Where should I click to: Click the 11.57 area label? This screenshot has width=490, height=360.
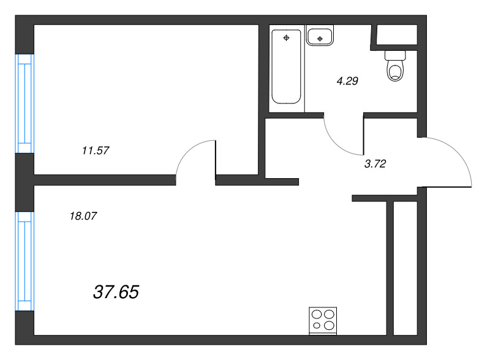click(96, 151)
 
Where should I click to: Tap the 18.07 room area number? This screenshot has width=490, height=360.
click(83, 216)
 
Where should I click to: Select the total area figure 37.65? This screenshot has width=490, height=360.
click(116, 292)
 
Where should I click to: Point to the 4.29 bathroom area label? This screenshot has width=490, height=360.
click(347, 81)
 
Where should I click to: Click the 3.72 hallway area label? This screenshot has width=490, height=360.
click(375, 163)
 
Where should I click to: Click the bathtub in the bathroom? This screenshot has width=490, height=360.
click(286, 66)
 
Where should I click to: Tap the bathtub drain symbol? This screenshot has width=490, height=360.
click(286, 38)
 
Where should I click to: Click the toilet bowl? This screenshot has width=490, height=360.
click(395, 71)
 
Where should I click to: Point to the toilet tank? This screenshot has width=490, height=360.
click(395, 55)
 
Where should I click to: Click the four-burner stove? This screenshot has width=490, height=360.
click(323, 321)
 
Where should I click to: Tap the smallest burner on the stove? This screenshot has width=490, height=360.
click(317, 326)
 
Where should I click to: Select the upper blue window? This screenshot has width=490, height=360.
click(24, 103)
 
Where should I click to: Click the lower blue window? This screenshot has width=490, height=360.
click(24, 261)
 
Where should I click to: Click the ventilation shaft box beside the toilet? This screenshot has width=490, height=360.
click(397, 34)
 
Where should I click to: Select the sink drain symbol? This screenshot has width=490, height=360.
click(320, 39)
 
